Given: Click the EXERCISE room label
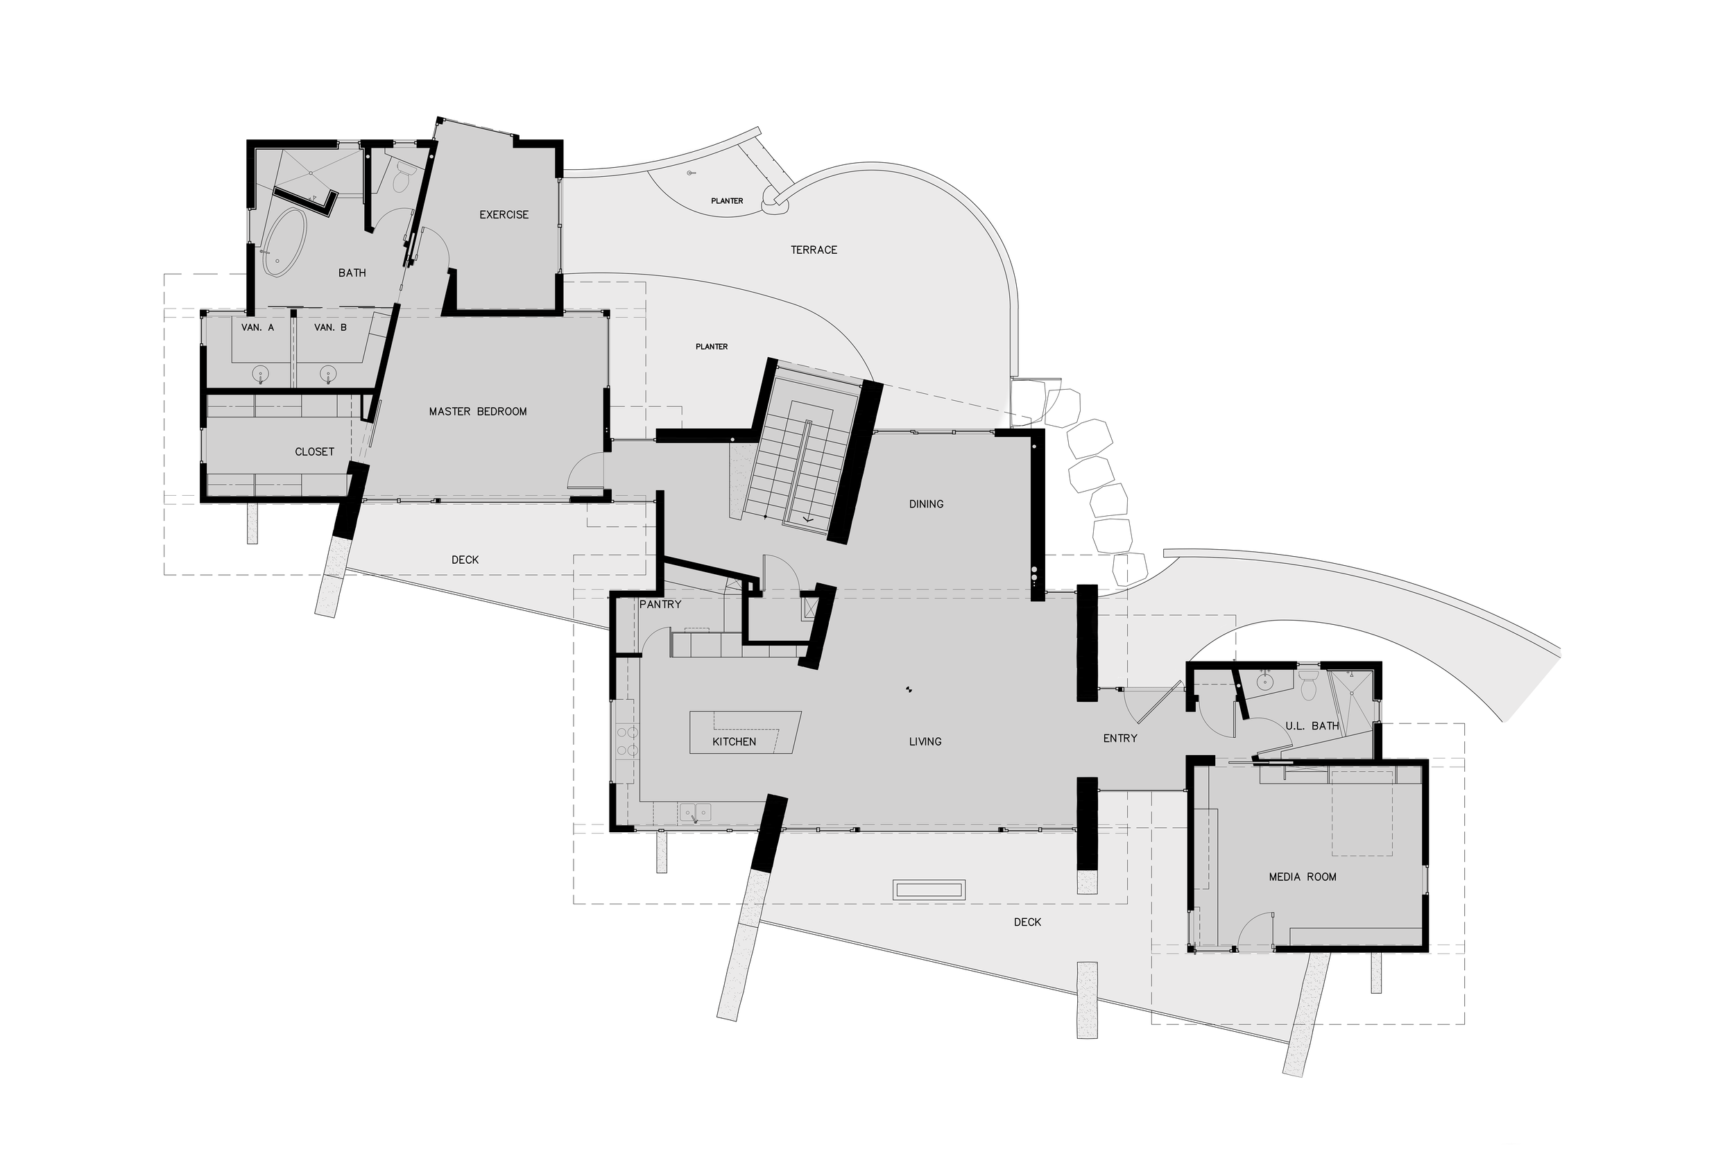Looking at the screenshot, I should (x=504, y=214).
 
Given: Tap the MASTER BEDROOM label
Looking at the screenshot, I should (x=478, y=411).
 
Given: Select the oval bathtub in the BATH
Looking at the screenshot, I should (x=284, y=242).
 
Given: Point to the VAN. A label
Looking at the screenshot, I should (x=257, y=327).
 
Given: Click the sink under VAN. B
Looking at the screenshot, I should (x=328, y=374).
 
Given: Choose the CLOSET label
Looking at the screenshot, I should (x=314, y=452).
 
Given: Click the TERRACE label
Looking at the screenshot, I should (x=814, y=250).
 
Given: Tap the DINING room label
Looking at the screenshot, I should (x=926, y=504).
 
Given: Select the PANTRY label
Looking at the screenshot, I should (x=660, y=605).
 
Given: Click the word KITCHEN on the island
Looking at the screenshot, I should (x=734, y=742).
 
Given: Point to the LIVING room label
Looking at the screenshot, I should (x=925, y=742).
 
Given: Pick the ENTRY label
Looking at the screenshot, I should (x=1120, y=738).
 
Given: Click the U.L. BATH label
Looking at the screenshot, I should (x=1312, y=726).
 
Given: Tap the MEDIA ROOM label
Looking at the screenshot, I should (x=1302, y=877).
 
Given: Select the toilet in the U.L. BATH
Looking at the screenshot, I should (x=1308, y=686).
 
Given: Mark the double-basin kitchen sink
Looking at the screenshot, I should (x=695, y=813).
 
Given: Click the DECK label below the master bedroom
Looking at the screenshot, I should (x=465, y=560).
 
